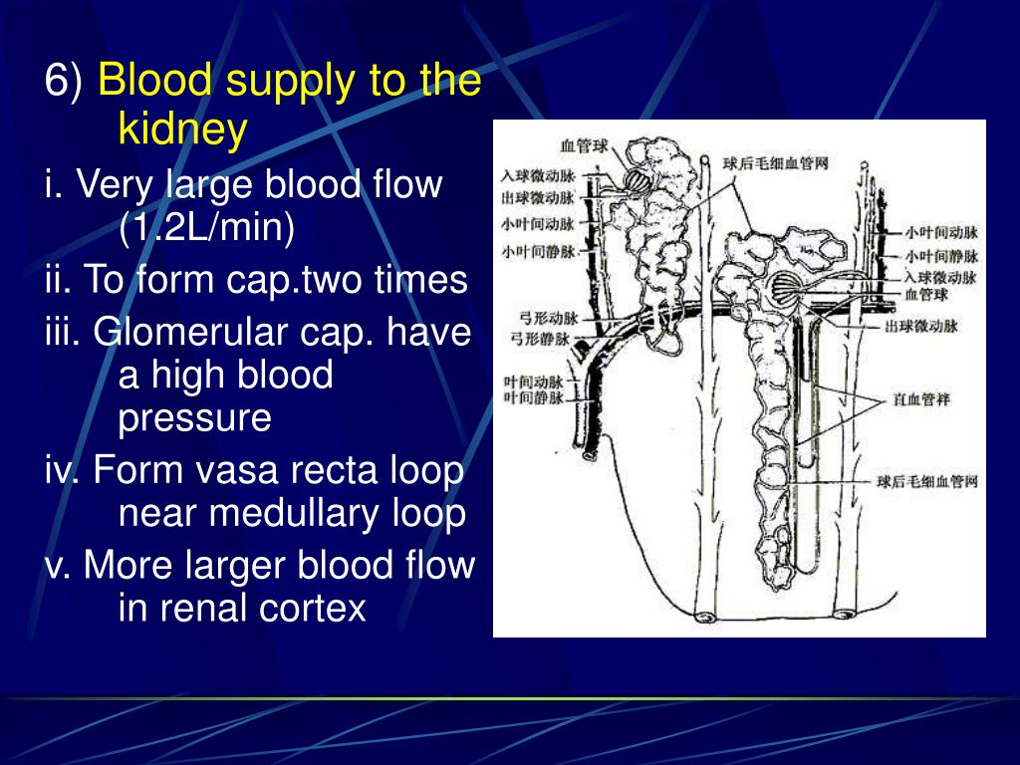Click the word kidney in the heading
(182, 128)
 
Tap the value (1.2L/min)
(207, 228)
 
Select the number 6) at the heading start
(64, 82)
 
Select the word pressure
(194, 418)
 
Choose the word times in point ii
(420, 281)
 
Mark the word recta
(324, 470)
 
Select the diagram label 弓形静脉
(540, 338)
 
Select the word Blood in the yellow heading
(156, 82)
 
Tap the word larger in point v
(234, 566)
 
